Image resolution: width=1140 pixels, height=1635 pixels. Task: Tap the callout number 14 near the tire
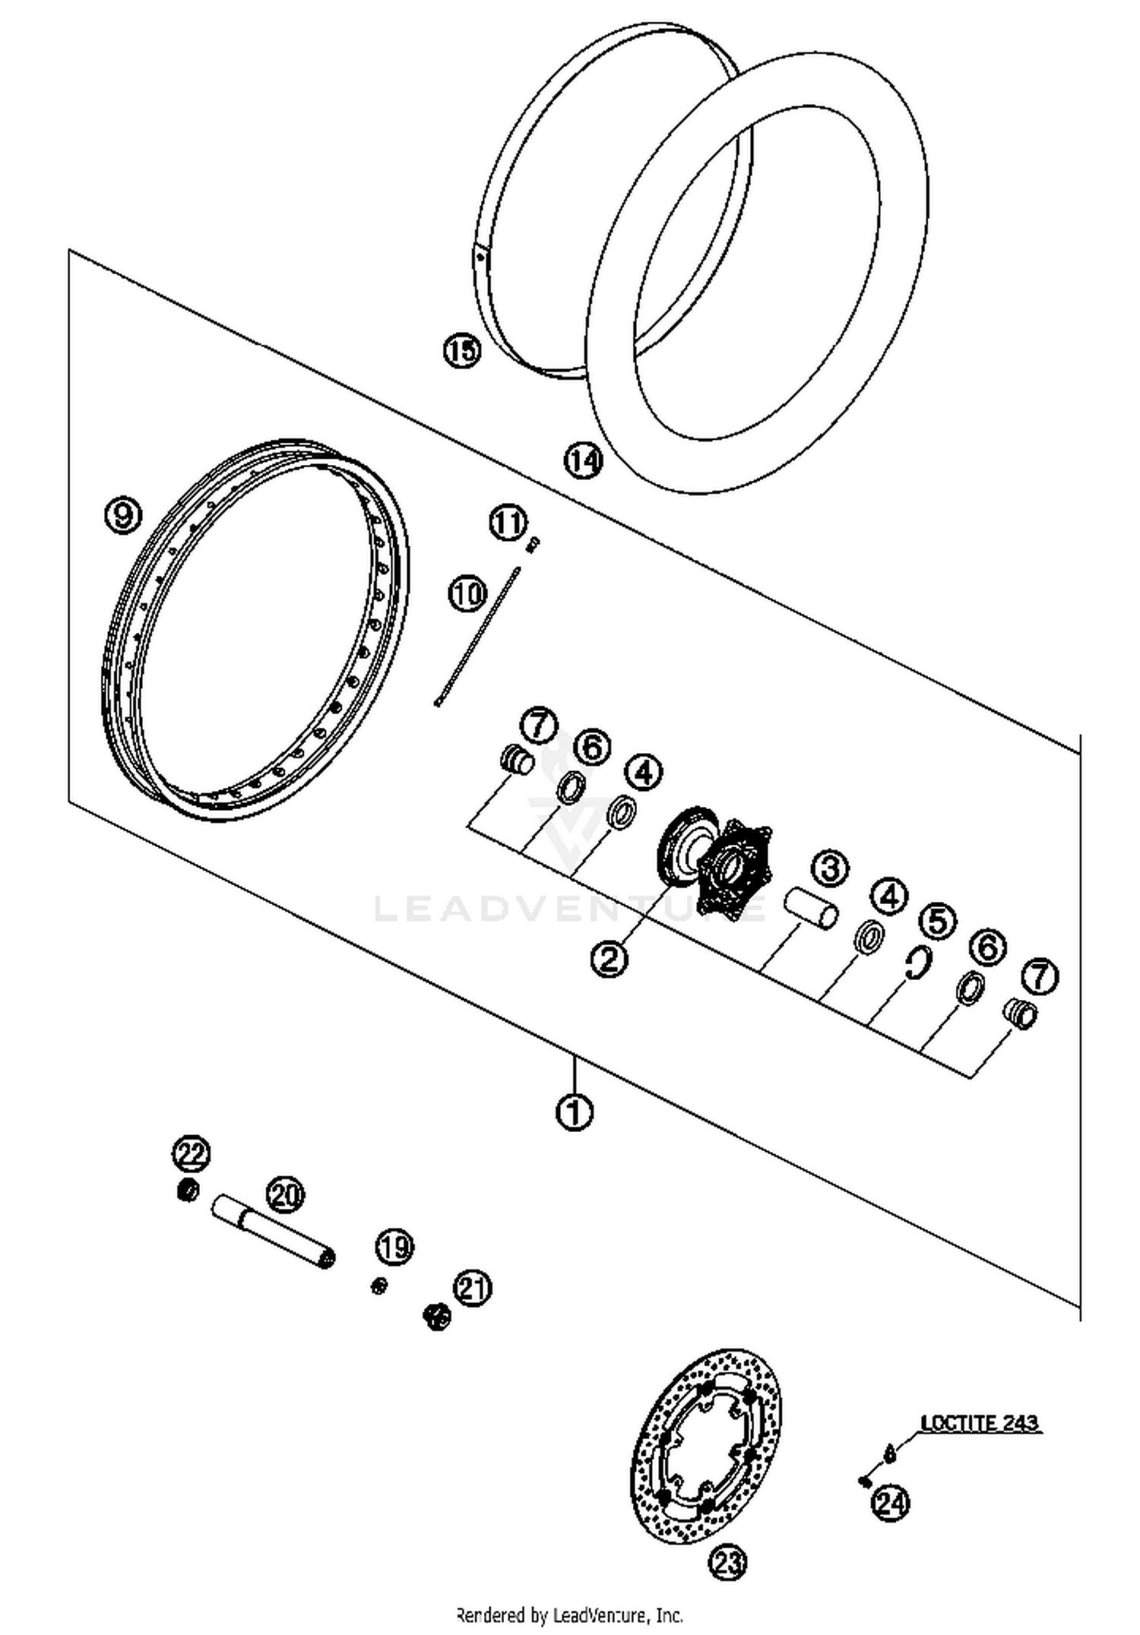583,460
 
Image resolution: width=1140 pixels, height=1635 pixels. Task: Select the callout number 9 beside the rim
122,515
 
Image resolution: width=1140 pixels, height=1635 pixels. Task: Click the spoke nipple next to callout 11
534,543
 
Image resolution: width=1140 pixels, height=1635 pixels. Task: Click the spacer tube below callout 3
811,908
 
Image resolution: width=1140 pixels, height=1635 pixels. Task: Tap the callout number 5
937,921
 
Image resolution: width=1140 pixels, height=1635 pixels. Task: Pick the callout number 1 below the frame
575,1112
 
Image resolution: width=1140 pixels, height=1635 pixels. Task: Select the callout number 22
190,1154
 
